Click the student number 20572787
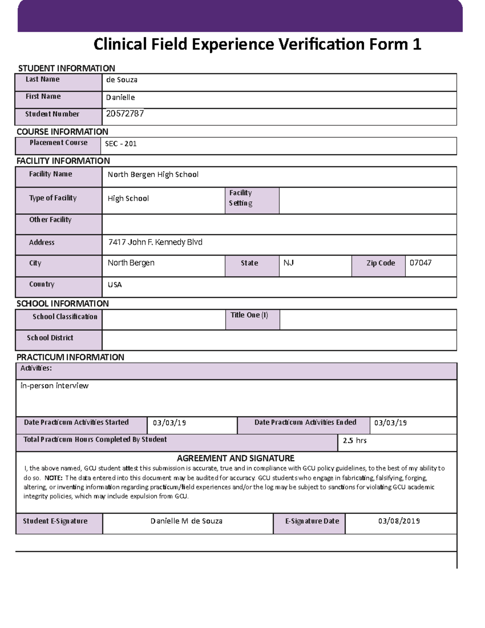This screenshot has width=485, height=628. pos(125,114)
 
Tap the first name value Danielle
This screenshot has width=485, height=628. pos(120,97)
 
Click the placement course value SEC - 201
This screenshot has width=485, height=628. pos(121,144)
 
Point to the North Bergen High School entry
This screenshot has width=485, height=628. pos(153,174)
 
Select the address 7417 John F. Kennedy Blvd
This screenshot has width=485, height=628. pos(155,242)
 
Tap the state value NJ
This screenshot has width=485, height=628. pos(289,263)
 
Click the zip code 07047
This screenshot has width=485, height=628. pos(420,263)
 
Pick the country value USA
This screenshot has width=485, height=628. pos(115,285)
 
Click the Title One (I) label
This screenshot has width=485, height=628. pos(249,315)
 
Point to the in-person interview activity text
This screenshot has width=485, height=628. pos(55,386)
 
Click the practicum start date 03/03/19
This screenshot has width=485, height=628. pos(169,423)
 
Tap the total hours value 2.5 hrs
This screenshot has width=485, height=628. pos(354,440)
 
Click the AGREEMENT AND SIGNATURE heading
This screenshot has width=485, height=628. pos(236,458)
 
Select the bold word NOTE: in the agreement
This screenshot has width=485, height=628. pos(53,478)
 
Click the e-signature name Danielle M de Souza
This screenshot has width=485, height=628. pos(186,521)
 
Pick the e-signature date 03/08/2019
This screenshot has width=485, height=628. pos(399,521)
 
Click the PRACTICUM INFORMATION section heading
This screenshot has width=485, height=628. pos(70,357)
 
